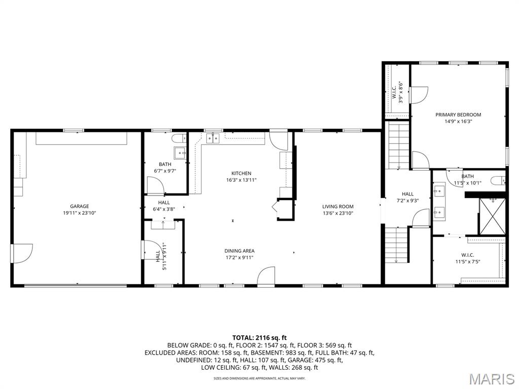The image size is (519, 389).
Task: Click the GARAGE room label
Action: pos(80,206)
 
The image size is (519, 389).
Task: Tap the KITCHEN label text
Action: pos(241,173)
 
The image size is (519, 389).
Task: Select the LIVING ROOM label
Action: pos(338,206)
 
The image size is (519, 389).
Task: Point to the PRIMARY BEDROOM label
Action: pos(458,114)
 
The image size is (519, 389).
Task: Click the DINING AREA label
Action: pos(239,251)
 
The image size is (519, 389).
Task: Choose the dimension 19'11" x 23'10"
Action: pos(80,213)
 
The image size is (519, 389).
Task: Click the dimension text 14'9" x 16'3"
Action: pos(458,121)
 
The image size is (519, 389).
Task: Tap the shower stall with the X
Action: pos(492,216)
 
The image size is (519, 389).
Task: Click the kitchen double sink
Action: pos(212,138)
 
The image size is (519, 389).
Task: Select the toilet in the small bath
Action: pos(178,138)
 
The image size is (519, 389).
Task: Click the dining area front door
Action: pos(267,277)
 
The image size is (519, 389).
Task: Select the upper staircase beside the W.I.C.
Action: pos(398,146)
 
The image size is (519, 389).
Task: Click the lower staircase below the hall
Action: pos(396,245)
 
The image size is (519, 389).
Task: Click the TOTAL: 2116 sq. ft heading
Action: pos(259,337)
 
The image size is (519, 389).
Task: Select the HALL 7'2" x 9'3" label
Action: pos(407,197)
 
